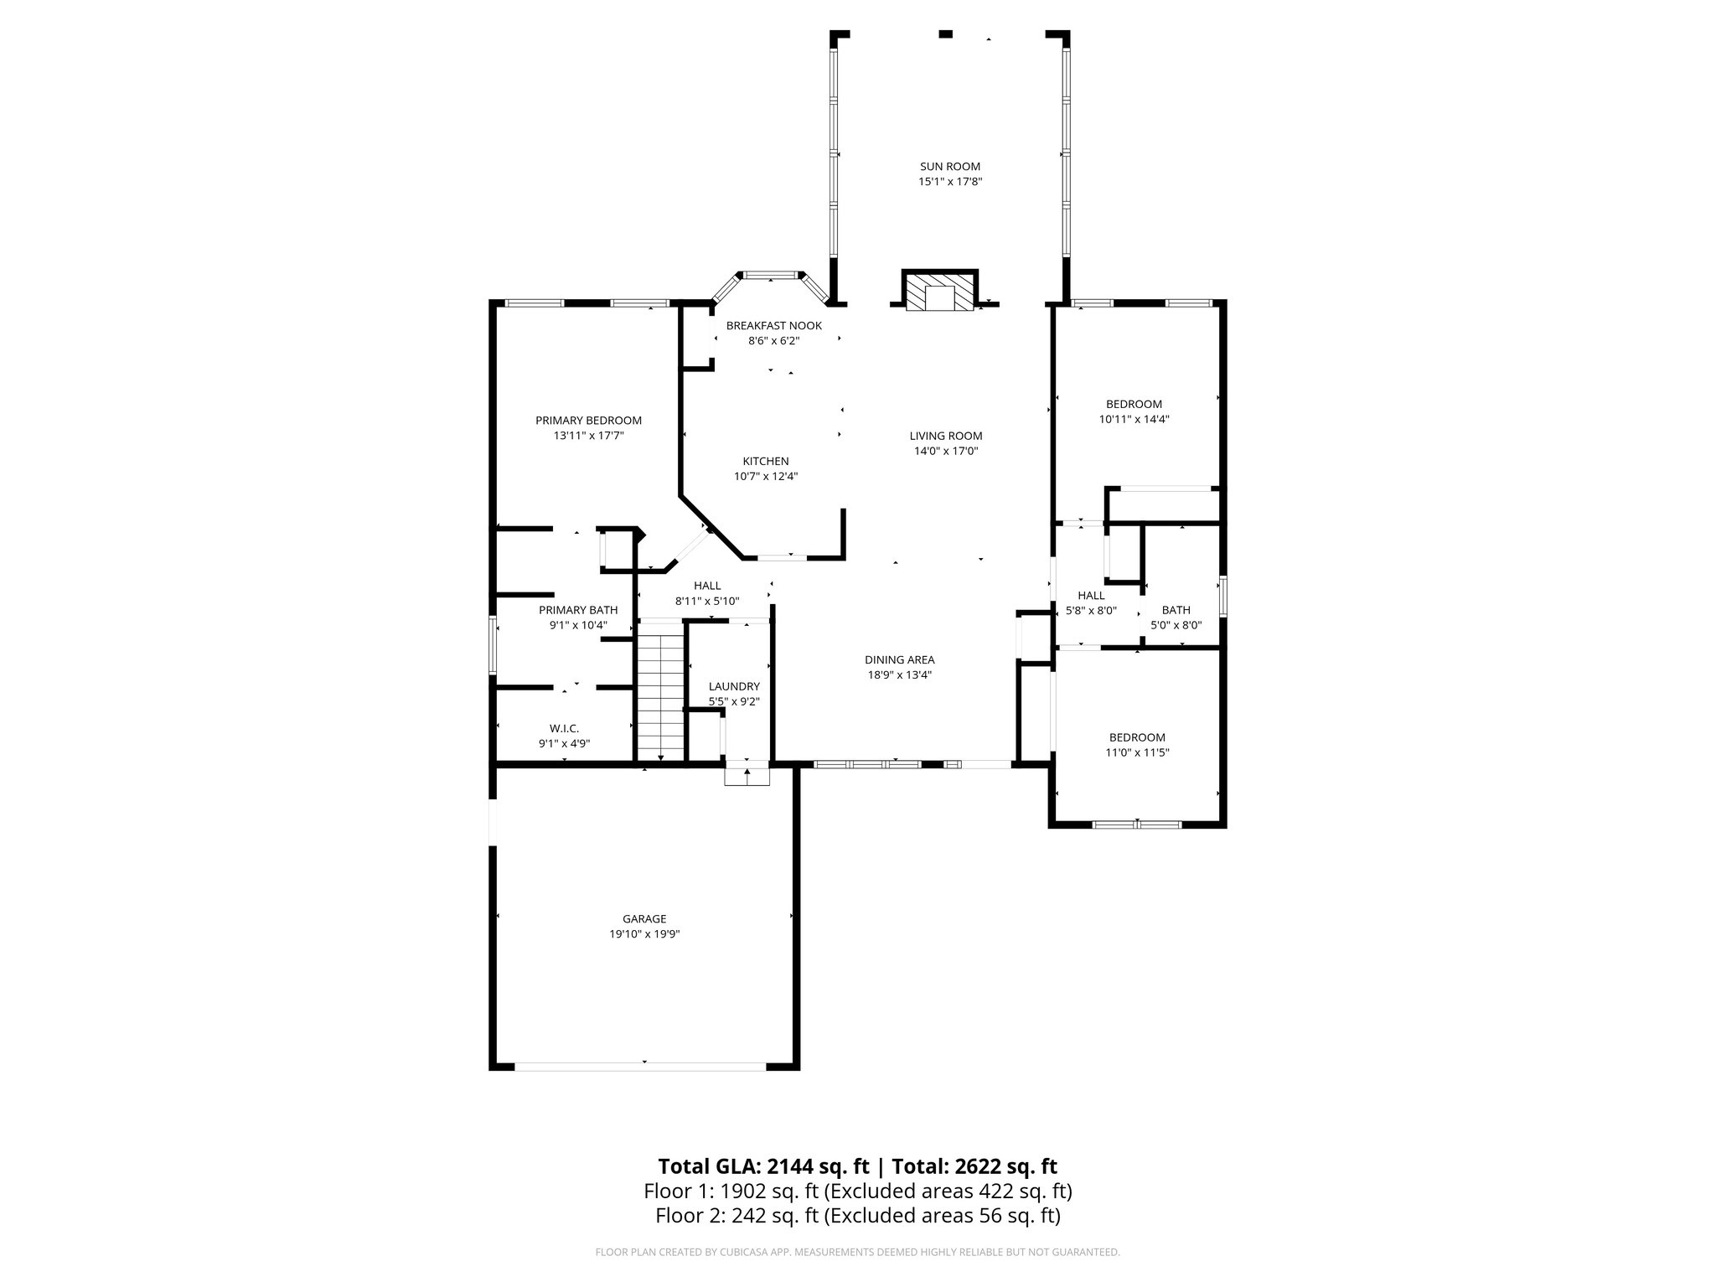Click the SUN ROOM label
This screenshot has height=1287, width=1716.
tap(949, 167)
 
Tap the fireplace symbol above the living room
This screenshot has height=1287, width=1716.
tap(939, 292)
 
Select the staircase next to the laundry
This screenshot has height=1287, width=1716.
tap(661, 695)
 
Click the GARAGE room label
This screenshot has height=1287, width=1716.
tap(643, 919)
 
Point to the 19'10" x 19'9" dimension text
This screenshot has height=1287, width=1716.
tap(643, 934)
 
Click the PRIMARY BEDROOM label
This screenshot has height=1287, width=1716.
tap(588, 421)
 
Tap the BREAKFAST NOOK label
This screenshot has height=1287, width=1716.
tap(773, 326)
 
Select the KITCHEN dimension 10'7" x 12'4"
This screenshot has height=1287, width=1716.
tap(765, 477)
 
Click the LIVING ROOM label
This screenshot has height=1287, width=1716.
tap(945, 436)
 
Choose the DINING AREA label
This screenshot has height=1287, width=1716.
tap(899, 660)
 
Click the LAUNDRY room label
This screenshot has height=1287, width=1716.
tap(733, 686)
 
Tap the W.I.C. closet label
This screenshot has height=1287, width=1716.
tap(564, 728)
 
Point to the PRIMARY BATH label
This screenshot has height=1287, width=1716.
tap(578, 610)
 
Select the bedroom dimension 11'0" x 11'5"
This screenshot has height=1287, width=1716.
tap(1137, 752)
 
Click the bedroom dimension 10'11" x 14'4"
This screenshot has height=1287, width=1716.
tap(1134, 419)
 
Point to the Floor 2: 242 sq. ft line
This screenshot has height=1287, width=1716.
tap(857, 1216)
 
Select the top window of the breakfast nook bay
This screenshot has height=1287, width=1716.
tap(770, 274)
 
